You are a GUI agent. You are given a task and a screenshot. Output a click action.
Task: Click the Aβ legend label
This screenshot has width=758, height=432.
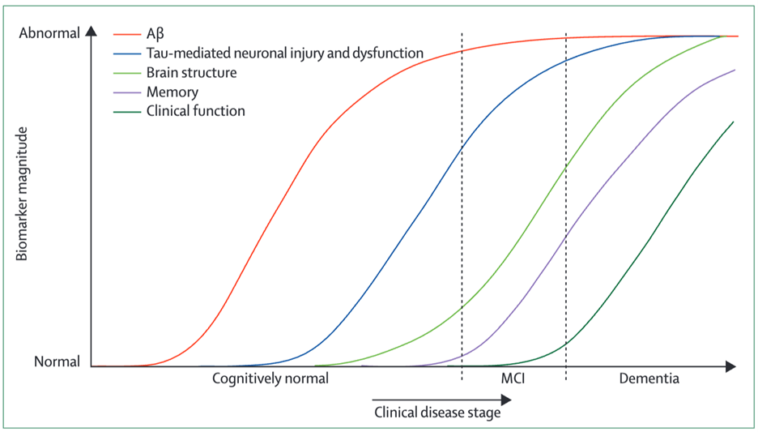point(155,34)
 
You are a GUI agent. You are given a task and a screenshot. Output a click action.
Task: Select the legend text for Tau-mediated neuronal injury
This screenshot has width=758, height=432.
point(285,53)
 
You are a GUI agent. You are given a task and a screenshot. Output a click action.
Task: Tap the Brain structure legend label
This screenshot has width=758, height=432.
point(191,72)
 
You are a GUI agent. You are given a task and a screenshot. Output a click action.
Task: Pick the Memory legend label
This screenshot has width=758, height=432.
point(172,92)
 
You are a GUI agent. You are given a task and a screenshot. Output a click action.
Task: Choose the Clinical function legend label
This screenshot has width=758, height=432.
point(195,111)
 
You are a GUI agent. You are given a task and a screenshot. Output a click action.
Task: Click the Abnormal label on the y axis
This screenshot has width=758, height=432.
point(49,34)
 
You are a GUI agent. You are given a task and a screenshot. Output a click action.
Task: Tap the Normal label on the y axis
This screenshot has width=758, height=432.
point(57,362)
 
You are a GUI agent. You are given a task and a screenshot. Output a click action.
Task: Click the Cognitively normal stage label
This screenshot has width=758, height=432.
point(270,379)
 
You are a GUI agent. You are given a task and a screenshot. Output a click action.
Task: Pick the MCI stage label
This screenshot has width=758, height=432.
point(512,379)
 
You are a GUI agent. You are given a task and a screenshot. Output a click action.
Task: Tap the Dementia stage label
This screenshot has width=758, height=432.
point(649,379)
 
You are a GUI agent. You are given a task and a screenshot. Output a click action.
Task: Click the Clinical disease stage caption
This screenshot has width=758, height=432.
point(437,412)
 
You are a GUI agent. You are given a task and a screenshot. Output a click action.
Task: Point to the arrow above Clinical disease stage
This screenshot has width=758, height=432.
point(441,399)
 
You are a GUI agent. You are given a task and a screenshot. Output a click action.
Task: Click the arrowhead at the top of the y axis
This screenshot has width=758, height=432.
point(92,32)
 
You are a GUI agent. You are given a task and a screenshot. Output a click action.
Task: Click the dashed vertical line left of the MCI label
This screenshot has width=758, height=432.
point(462,243)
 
